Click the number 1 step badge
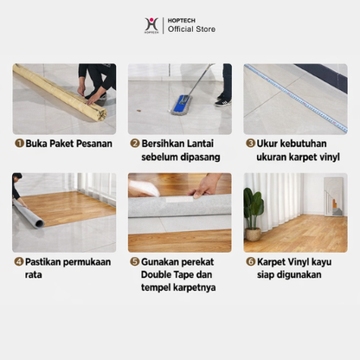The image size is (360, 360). tap(18, 144)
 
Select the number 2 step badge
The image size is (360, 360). tap(134, 144)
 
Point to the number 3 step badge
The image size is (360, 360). tap(250, 144)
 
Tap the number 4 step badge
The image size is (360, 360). tap(18, 261)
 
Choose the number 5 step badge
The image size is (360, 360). tap(134, 261)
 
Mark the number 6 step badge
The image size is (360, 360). tap(250, 261)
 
